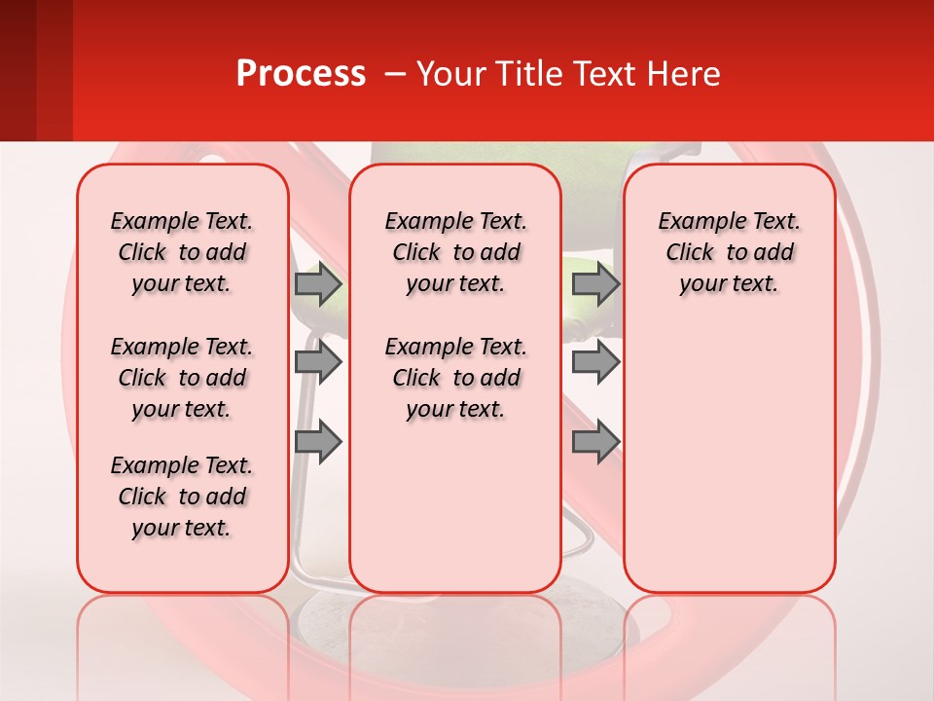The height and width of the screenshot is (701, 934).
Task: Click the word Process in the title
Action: pos(300,74)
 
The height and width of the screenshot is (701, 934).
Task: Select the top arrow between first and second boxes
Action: pos(318,283)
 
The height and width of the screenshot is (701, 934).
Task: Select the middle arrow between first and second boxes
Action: pos(318,363)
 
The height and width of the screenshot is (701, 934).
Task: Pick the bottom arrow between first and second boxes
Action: pos(318,442)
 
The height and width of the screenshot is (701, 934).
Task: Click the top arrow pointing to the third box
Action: pos(595,283)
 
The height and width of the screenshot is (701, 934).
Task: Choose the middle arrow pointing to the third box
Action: pos(595,363)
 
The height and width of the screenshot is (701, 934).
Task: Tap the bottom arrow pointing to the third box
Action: pos(595,442)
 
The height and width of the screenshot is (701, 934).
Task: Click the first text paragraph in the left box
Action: pos(182,252)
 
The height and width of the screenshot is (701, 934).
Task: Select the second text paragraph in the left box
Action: pos(182,378)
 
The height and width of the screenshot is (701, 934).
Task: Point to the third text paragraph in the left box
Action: pos(182,497)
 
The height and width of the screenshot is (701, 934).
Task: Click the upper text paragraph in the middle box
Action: pos(455,252)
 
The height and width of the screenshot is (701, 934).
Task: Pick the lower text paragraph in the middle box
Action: pos(455,378)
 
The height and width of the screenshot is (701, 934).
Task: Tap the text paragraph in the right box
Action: pos(729,252)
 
